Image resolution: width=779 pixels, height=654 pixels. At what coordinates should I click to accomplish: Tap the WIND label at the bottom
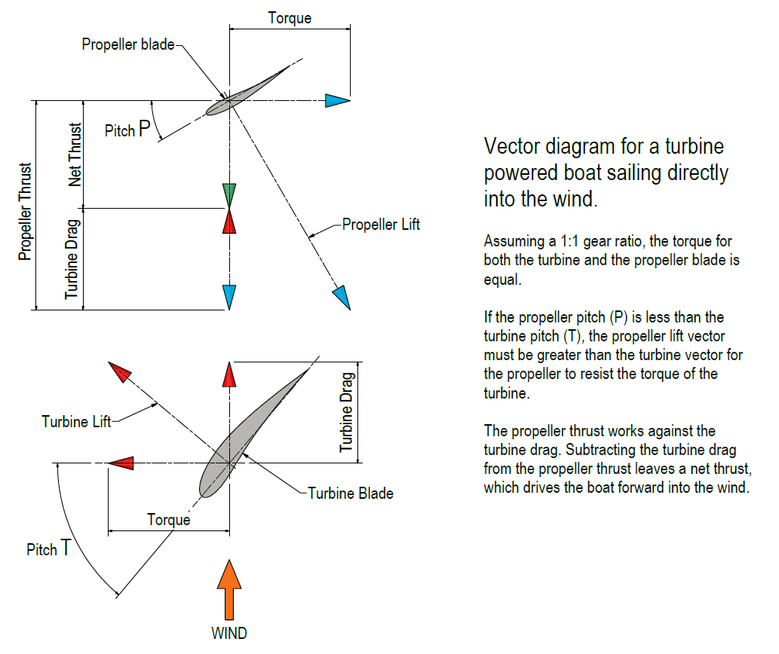(229, 633)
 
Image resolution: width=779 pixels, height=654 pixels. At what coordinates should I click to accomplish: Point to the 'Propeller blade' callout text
(127, 44)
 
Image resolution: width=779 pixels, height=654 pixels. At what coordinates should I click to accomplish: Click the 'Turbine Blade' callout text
(351, 494)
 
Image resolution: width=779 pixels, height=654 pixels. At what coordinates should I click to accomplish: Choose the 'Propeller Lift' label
(381, 224)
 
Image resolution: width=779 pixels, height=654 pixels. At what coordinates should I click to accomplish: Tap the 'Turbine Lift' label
(76, 421)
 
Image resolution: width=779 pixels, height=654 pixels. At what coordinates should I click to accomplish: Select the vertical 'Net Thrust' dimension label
(75, 154)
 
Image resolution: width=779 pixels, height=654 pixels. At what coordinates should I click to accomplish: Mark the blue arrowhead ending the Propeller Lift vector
(342, 298)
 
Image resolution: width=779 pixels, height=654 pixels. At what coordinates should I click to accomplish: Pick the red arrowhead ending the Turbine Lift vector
(120, 372)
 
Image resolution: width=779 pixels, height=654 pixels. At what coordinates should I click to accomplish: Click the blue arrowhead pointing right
(338, 101)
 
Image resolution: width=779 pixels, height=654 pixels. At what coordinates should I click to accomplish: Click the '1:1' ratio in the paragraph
(589, 242)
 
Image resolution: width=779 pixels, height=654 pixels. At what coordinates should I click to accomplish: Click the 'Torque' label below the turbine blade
(169, 519)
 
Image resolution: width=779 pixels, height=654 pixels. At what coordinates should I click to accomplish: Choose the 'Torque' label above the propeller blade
(290, 18)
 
